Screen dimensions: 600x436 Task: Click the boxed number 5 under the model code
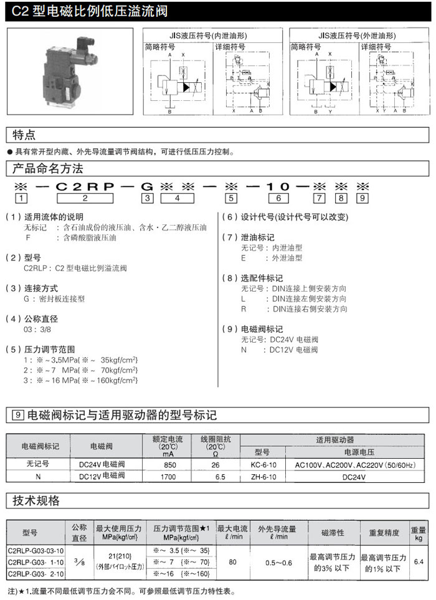click(230, 199)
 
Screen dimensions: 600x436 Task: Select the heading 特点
click(25, 135)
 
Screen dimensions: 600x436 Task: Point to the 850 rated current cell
click(169, 465)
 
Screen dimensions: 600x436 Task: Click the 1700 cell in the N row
click(169, 477)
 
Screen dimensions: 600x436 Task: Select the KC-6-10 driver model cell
click(263, 465)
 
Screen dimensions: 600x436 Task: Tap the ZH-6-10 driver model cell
click(263, 477)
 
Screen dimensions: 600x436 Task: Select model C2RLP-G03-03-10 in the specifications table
click(36, 551)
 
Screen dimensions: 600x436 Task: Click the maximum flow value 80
click(232, 562)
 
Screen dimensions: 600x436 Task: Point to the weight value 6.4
click(419, 562)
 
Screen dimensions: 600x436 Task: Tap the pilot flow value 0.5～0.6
click(278, 562)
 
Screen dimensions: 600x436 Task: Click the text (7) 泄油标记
click(249, 237)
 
